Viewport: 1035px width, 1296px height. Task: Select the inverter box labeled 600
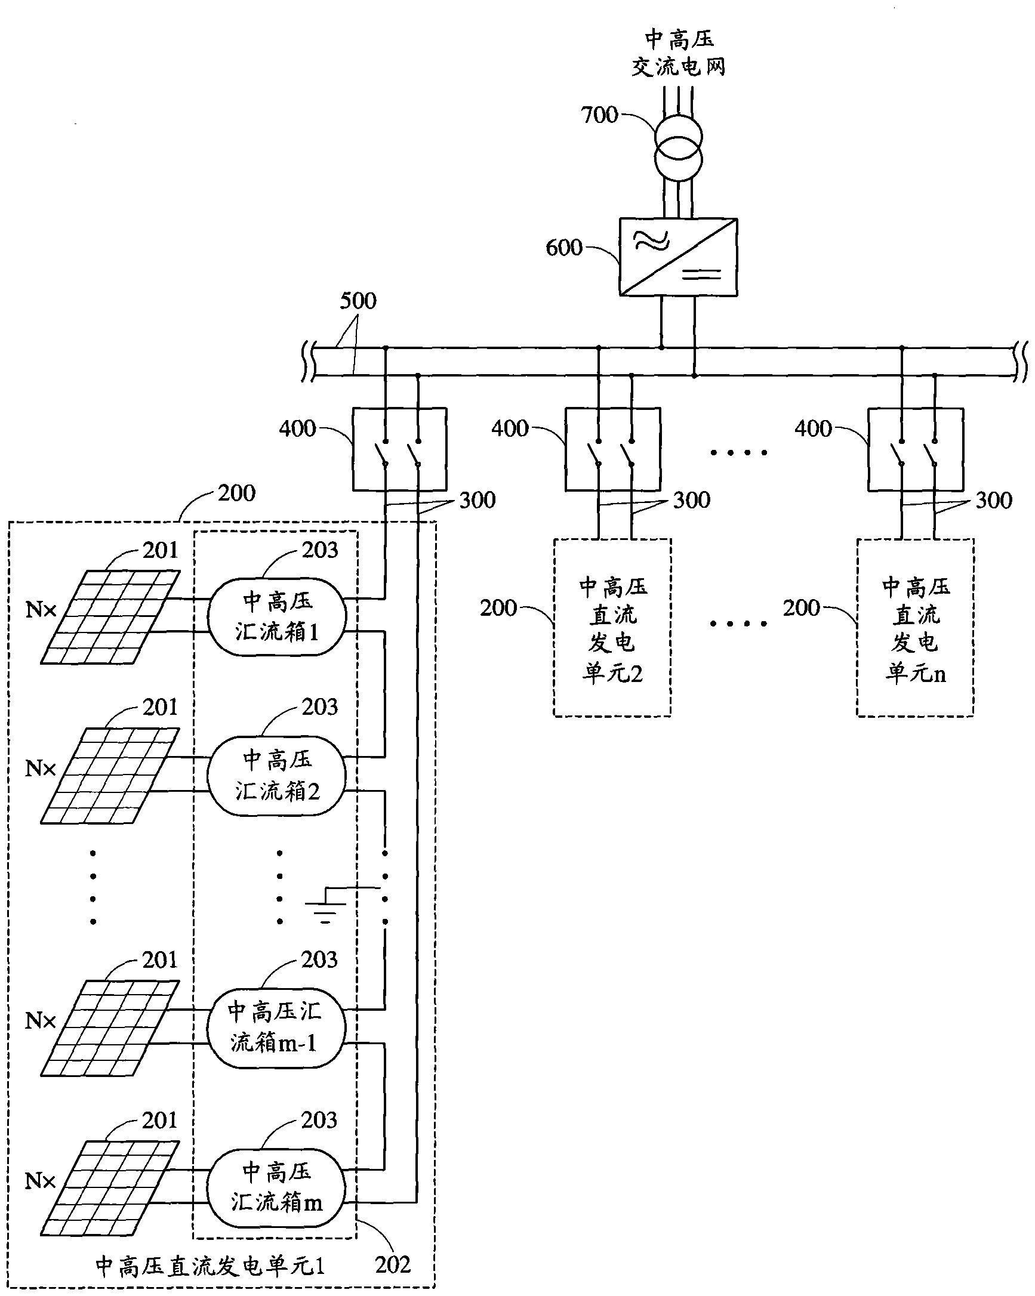(679, 257)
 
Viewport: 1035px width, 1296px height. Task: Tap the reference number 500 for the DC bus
(358, 301)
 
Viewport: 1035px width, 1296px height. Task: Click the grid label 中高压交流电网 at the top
(679, 54)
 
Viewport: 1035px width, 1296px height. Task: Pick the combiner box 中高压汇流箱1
(276, 616)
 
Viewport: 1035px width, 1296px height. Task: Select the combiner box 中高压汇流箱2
(276, 776)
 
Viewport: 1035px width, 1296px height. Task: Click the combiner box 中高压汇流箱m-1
(275, 1028)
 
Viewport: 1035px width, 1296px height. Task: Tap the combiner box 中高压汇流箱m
(275, 1188)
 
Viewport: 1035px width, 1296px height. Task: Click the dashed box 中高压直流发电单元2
(612, 628)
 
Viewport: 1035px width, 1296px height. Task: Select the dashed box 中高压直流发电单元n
(914, 628)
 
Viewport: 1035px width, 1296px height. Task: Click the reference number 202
(393, 1264)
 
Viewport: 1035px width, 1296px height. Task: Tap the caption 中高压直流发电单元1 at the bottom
(210, 1266)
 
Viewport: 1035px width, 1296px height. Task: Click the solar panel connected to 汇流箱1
(110, 617)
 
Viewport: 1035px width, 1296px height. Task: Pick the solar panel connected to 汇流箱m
(110, 1187)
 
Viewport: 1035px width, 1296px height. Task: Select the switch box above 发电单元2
(613, 449)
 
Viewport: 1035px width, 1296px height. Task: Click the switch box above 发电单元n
(915, 449)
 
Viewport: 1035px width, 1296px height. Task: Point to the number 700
(600, 115)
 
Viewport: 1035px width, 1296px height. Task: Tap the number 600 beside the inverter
(564, 247)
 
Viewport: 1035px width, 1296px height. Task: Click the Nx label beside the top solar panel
(41, 610)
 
